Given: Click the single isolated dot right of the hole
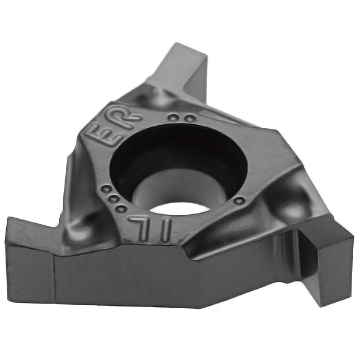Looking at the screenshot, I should point(239,201).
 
